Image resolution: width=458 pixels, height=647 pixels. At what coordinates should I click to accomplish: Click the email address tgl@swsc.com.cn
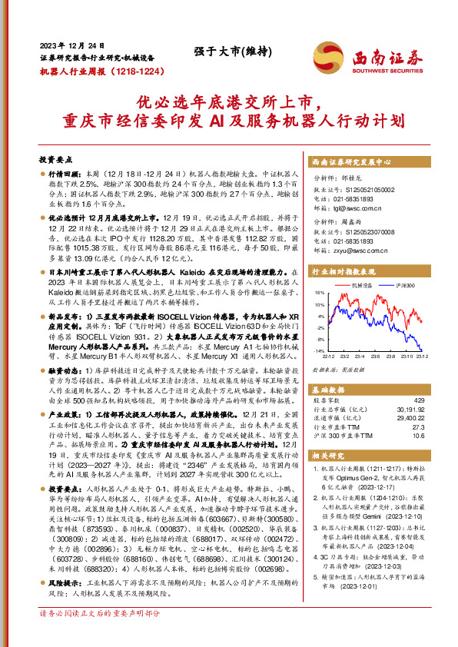(x=346, y=207)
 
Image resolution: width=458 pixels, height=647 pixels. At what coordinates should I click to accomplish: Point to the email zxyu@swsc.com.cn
(x=348, y=250)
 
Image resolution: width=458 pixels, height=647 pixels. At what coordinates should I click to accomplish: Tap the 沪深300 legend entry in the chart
(x=403, y=285)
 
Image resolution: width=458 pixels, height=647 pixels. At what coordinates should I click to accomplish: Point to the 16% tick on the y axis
(x=319, y=293)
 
